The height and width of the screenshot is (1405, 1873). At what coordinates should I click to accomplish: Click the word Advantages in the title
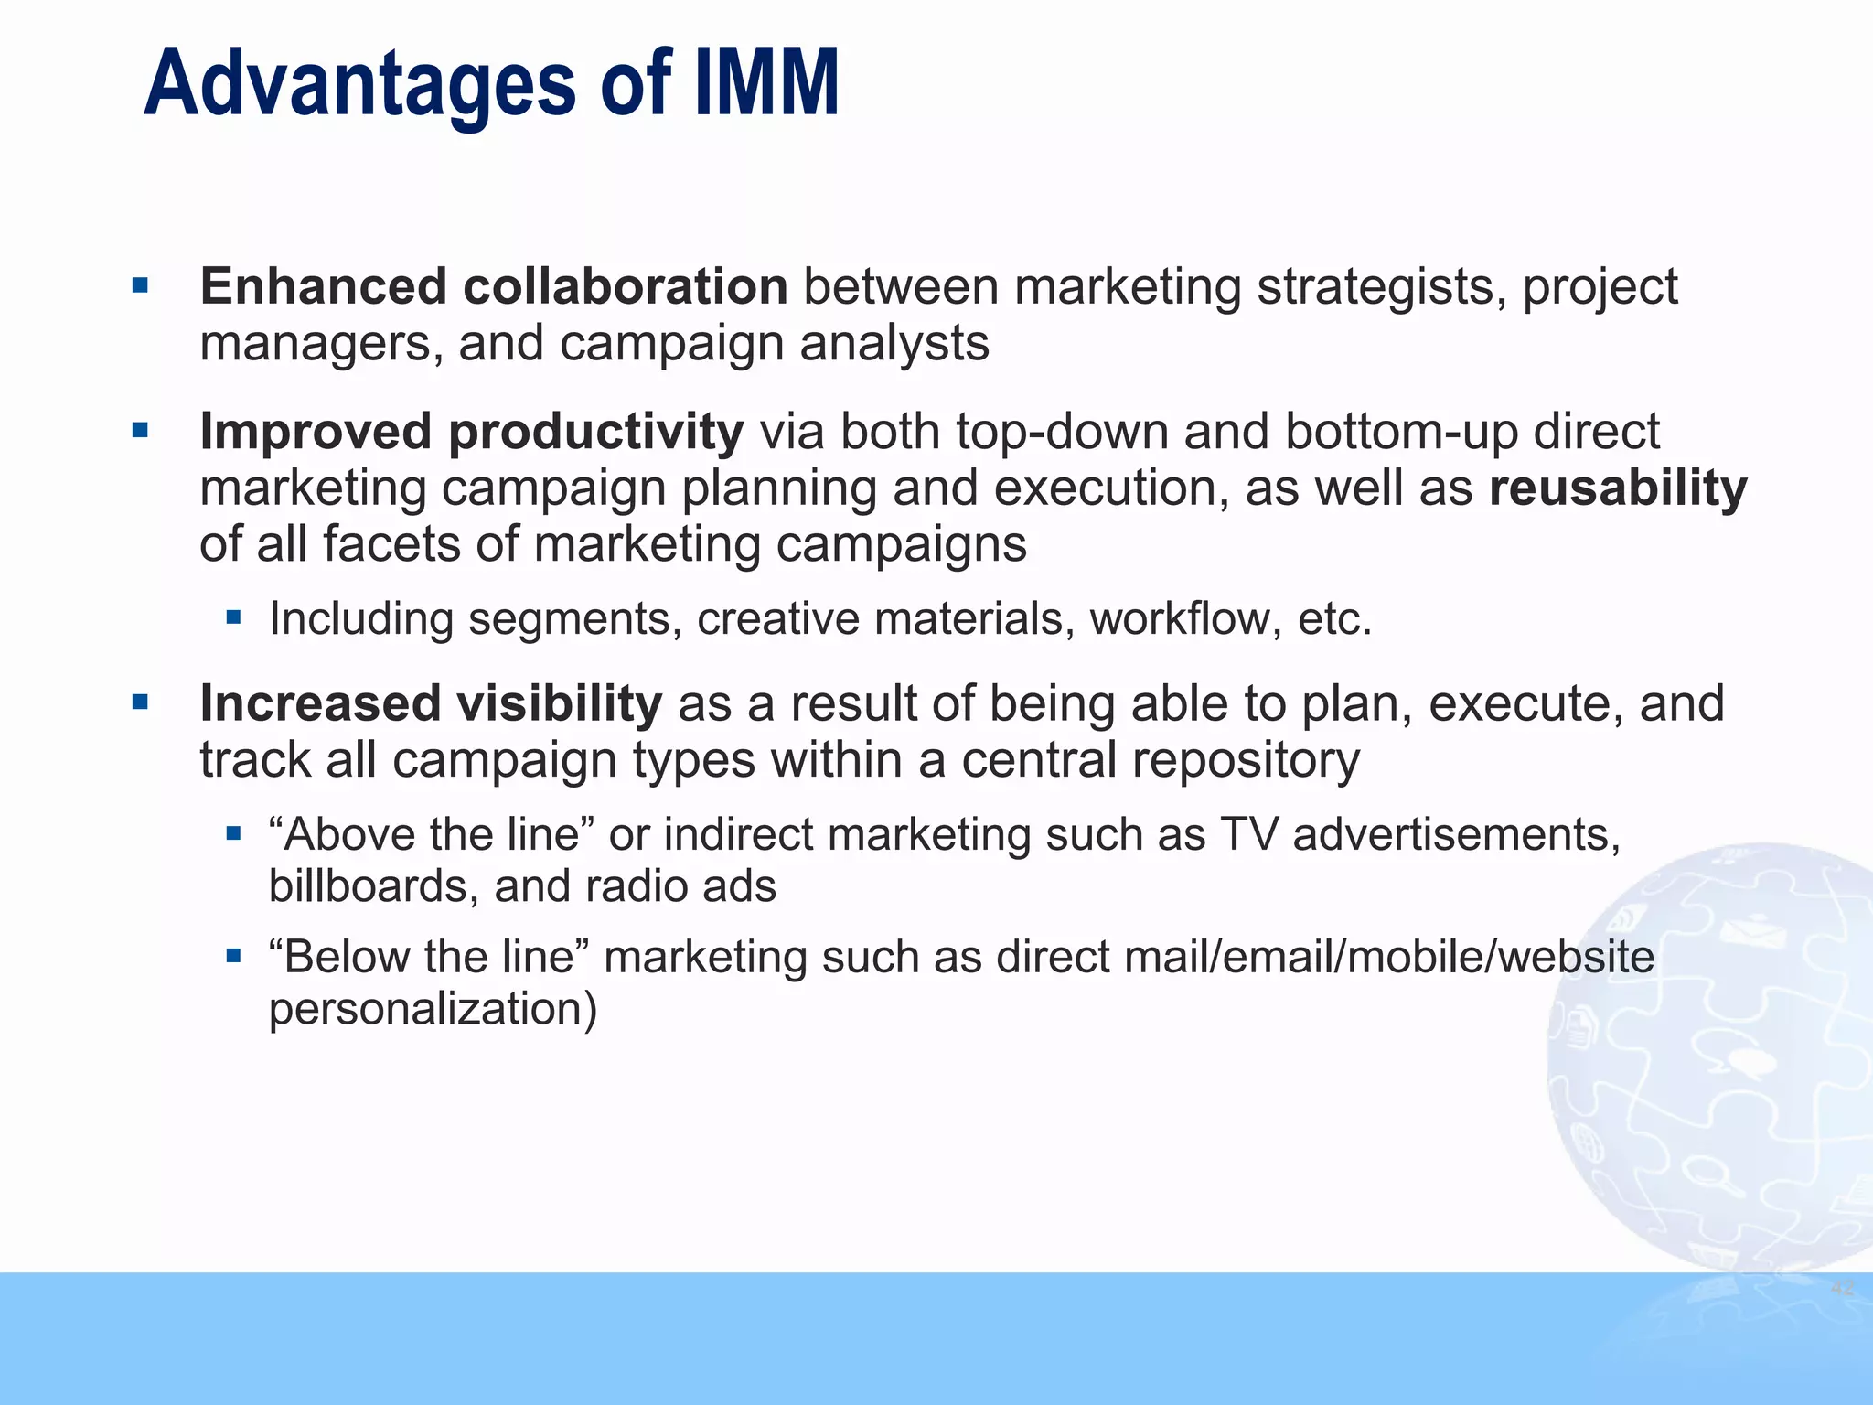click(x=359, y=84)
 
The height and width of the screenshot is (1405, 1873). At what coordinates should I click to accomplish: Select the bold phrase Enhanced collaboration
click(x=494, y=286)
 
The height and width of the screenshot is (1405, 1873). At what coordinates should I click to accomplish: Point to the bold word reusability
click(x=1617, y=488)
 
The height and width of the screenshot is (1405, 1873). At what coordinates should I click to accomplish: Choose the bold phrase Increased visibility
click(x=431, y=703)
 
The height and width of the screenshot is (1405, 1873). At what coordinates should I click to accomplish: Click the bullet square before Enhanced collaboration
click(x=140, y=286)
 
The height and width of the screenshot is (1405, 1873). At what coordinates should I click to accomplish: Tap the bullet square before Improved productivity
click(x=140, y=430)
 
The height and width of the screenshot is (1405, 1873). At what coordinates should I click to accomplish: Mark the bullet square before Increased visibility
click(x=140, y=702)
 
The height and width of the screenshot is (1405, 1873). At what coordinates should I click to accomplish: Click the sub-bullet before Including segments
click(x=234, y=617)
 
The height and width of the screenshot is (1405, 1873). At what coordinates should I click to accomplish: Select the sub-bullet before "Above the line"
click(x=234, y=833)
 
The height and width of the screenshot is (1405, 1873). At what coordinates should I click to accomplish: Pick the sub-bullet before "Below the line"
click(x=234, y=956)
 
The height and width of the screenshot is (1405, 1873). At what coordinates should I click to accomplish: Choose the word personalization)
click(x=433, y=1009)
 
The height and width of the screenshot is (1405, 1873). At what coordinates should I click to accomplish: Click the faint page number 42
click(x=1842, y=1289)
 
